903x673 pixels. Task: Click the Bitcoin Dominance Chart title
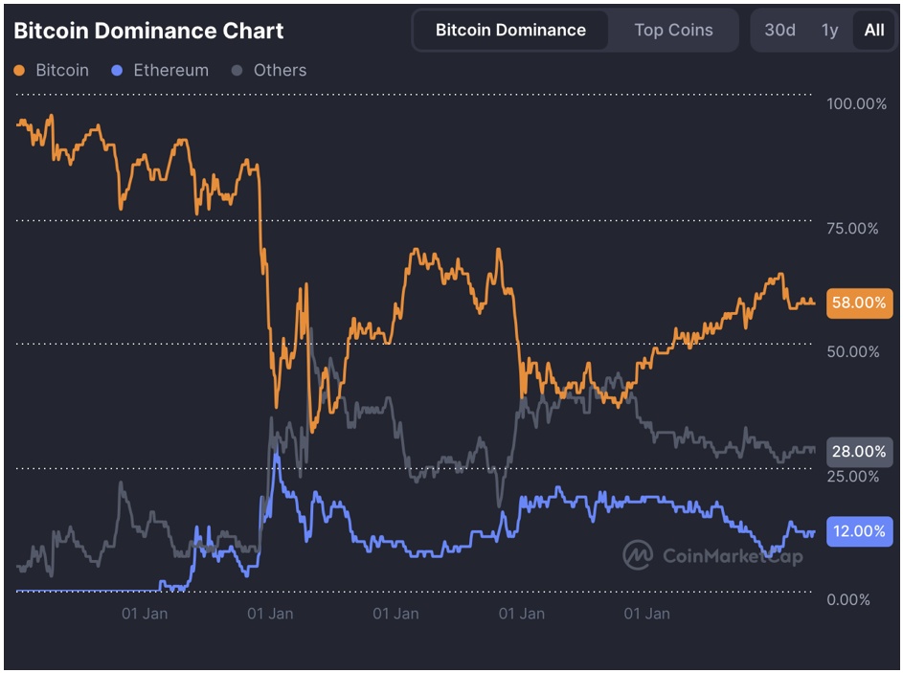click(x=148, y=31)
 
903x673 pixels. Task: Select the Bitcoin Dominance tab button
click(x=510, y=30)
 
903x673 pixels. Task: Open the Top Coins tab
click(x=673, y=30)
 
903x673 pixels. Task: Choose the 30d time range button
click(x=779, y=30)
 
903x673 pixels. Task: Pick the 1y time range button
click(x=829, y=30)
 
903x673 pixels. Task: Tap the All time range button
click(x=874, y=30)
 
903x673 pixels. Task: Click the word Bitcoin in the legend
click(x=62, y=71)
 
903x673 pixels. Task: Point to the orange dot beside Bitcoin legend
click(x=20, y=71)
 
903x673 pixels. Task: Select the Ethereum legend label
click(x=170, y=71)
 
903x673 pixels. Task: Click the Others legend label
click(x=280, y=71)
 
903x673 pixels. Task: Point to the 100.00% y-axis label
click(x=856, y=103)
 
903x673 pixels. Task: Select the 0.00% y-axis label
click(x=848, y=599)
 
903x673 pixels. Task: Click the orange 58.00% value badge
click(x=858, y=303)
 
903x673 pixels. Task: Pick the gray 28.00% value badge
click(x=858, y=451)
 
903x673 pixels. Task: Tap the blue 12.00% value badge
click(x=858, y=531)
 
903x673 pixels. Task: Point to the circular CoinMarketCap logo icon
click(x=637, y=554)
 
